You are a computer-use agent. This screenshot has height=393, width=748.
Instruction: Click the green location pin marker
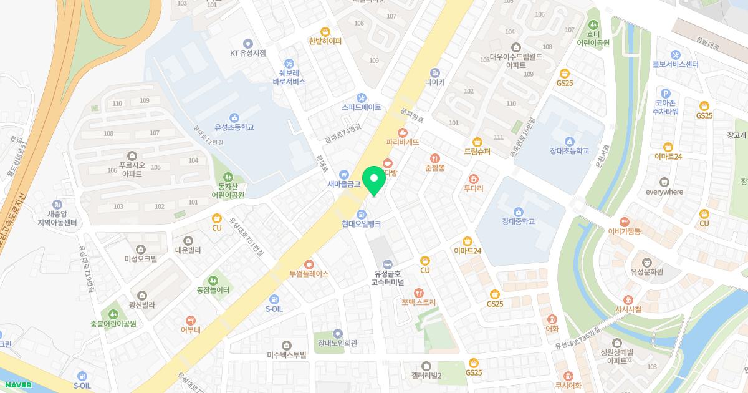(374, 180)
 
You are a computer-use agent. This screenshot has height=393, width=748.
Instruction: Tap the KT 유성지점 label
(248, 53)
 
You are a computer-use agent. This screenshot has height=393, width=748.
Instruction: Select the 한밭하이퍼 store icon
(325, 31)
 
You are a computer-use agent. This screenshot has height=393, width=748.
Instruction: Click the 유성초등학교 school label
(234, 127)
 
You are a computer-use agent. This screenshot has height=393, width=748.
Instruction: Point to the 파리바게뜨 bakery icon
(403, 132)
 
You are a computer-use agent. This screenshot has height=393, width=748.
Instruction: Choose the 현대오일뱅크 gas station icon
(361, 214)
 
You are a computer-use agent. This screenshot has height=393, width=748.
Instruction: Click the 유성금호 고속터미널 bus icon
(387, 264)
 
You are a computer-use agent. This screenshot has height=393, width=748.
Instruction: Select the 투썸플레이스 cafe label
(309, 274)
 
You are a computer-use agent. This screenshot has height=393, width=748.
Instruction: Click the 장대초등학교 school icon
(569, 140)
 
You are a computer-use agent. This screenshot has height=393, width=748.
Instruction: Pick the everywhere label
(664, 192)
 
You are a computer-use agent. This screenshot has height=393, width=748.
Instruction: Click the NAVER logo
(17, 385)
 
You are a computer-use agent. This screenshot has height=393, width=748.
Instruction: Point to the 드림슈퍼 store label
(477, 152)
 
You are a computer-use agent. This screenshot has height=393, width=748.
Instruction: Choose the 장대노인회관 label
(337, 343)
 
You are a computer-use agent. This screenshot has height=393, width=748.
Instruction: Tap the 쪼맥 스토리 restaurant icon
(419, 293)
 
